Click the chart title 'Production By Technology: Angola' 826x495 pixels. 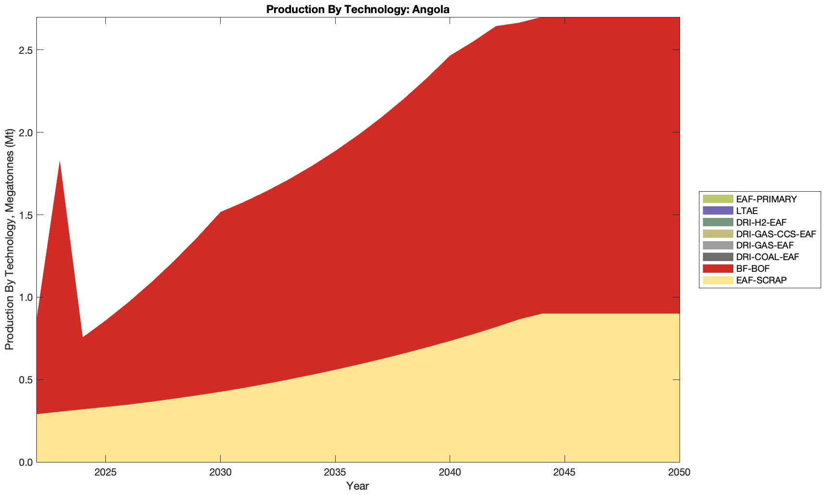click(x=358, y=9)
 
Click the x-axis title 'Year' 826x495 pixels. click(x=358, y=486)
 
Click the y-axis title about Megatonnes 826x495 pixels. click(x=9, y=240)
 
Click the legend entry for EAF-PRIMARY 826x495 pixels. click(x=766, y=199)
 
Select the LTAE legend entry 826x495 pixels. click(x=746, y=211)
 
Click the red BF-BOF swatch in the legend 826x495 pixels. click(x=717, y=269)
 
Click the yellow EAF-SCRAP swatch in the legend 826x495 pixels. click(x=717, y=280)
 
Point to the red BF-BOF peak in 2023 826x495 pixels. click(x=60, y=162)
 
